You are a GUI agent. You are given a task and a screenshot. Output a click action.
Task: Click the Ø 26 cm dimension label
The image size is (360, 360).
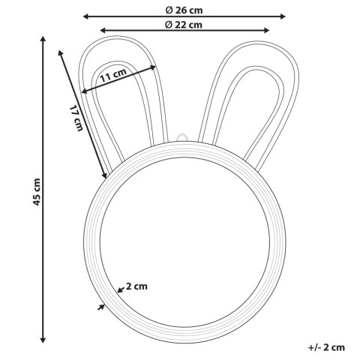tap(184, 10)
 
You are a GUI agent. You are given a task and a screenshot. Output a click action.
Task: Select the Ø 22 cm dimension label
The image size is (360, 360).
tap(184, 25)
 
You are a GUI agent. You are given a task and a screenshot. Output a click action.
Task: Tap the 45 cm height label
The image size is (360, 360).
tap(37, 192)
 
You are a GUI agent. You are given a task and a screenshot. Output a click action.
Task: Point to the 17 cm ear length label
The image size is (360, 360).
tap(76, 118)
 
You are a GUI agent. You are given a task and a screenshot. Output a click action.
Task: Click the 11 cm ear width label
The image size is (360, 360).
tap(113, 75)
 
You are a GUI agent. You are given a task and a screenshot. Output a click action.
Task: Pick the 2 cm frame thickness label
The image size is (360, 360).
tap(136, 286)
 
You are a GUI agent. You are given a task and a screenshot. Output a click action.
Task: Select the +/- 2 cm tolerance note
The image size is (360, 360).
tap(326, 347)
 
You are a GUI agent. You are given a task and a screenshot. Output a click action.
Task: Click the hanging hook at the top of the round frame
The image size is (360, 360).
tap(181, 137)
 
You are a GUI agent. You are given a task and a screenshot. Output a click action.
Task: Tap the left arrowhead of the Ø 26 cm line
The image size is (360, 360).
tap(86, 16)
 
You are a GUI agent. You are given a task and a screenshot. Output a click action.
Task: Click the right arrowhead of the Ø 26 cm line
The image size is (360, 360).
tap(282, 16)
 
